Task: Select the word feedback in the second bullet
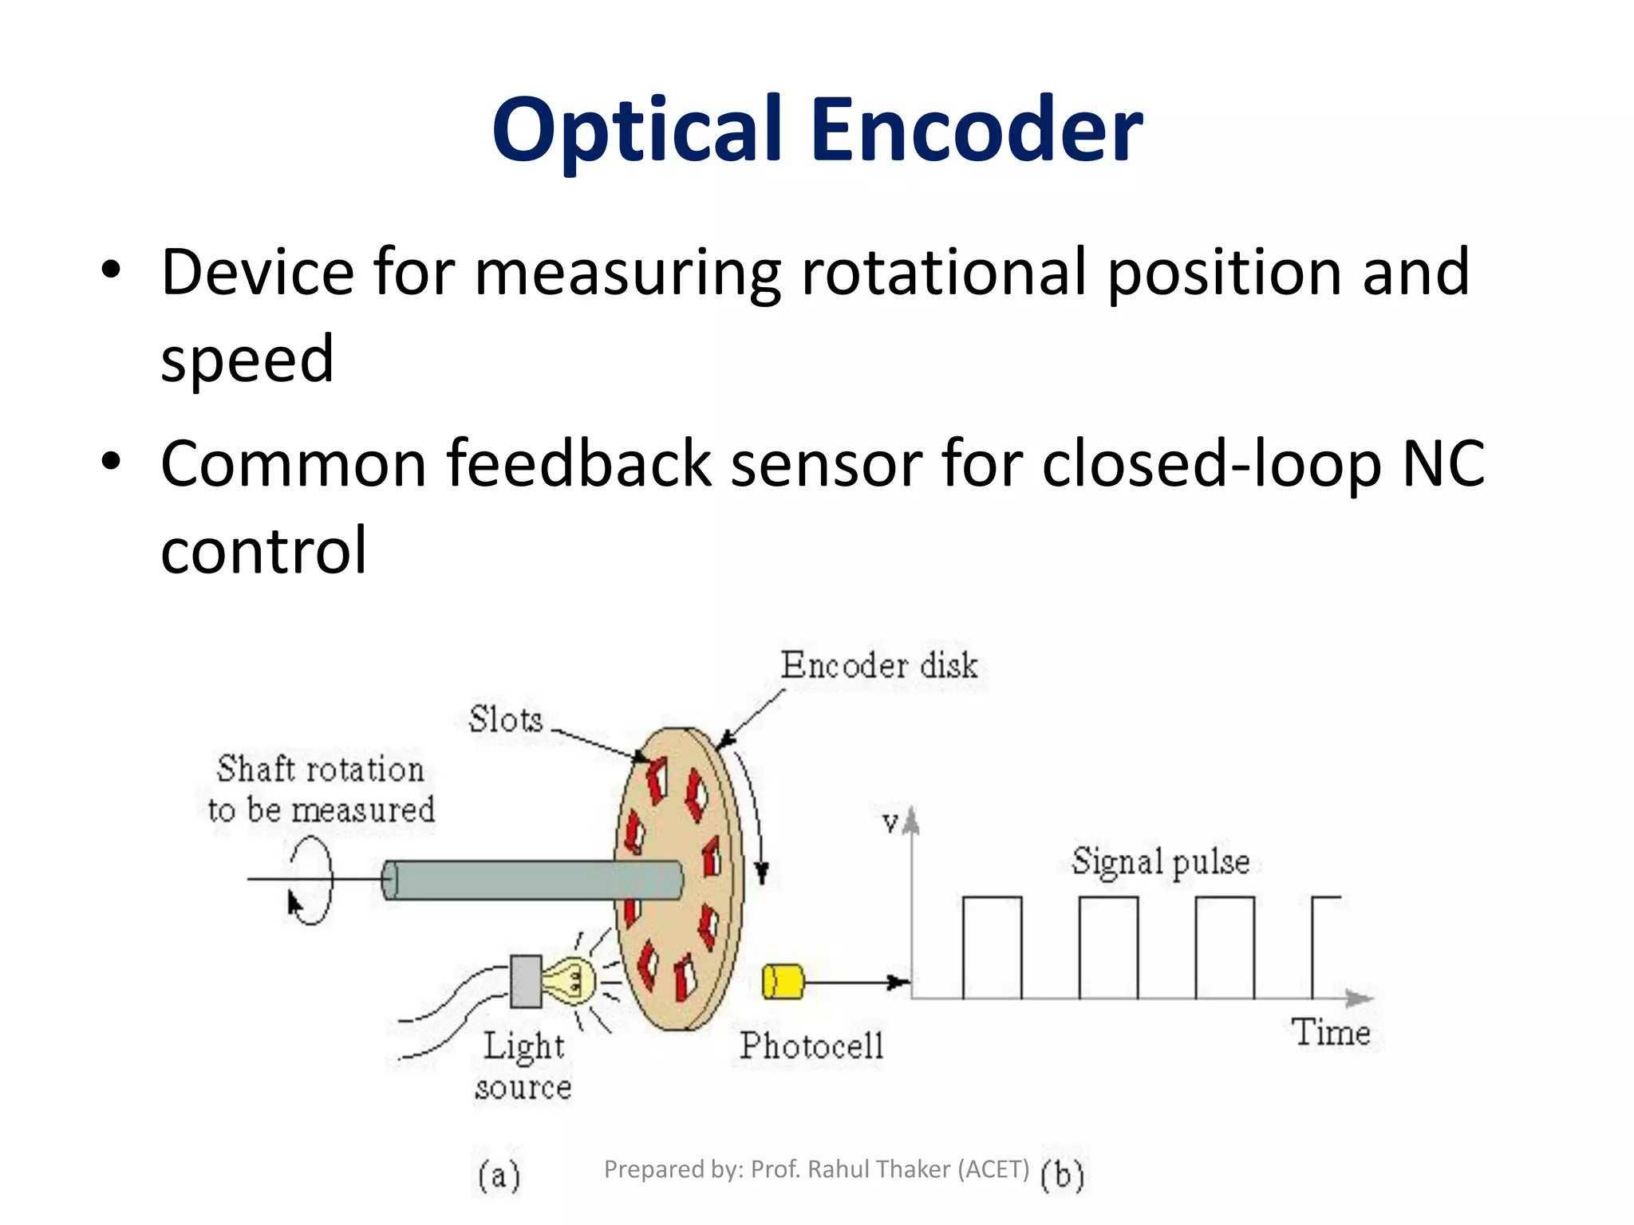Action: click(x=578, y=464)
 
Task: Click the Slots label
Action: click(x=505, y=720)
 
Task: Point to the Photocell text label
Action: click(x=811, y=1046)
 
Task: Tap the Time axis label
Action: click(x=1331, y=1033)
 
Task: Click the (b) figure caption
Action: click(x=1062, y=1175)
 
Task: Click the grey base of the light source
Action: click(x=526, y=981)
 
